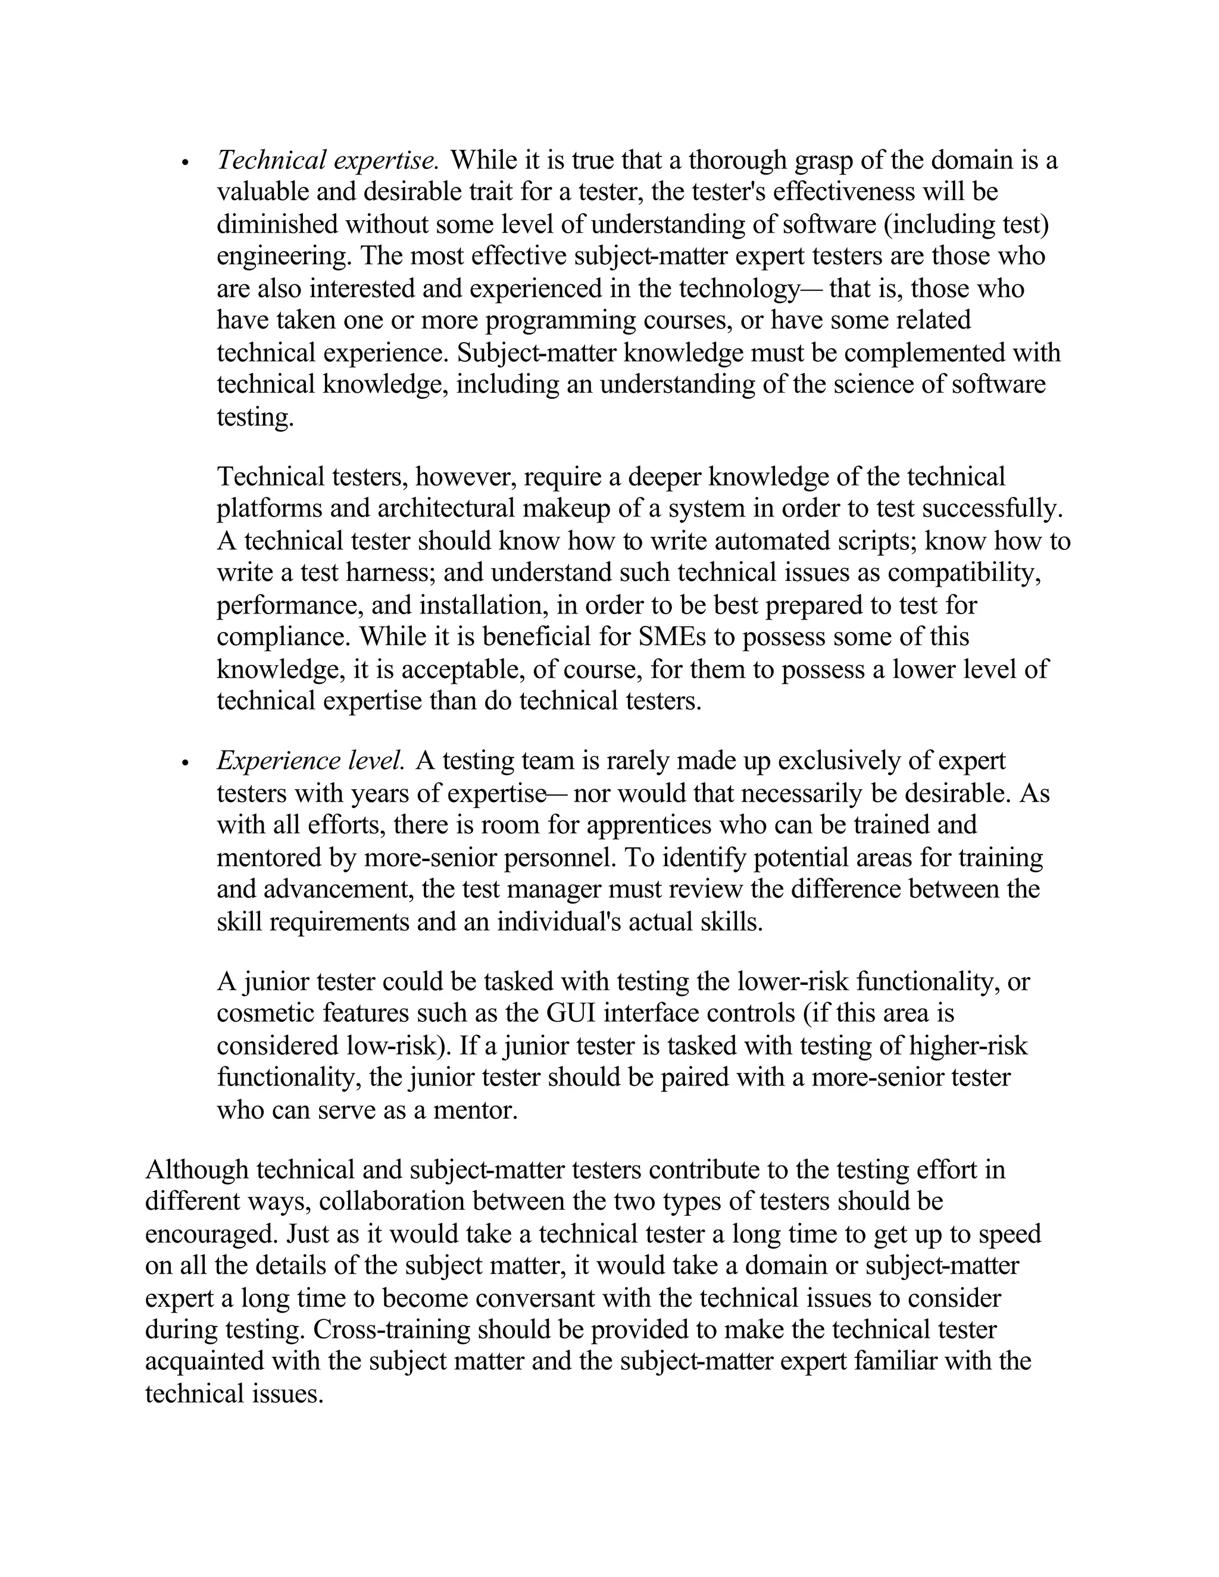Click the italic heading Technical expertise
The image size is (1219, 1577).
click(x=328, y=160)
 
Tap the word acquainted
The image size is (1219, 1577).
click(x=204, y=1361)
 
